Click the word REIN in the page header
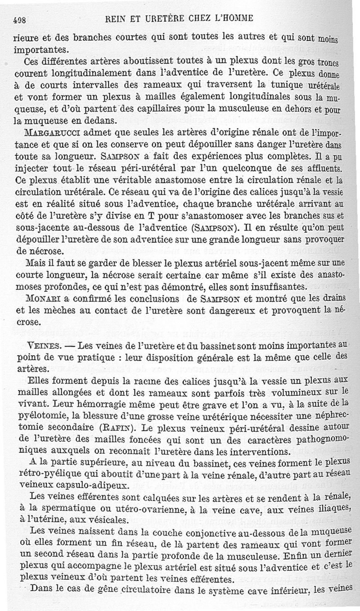click(114, 18)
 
